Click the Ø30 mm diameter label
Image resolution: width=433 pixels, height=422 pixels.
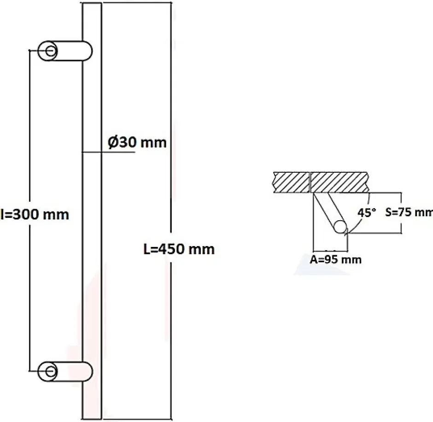click(137, 142)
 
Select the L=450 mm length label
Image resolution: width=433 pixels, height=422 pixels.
click(178, 249)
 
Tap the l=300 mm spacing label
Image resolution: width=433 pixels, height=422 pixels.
click(35, 214)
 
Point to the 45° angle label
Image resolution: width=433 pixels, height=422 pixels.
click(367, 212)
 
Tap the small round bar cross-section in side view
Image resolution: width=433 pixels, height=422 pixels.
click(340, 227)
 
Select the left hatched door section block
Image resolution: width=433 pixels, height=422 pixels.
click(291, 182)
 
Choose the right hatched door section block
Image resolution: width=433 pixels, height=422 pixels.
click(340, 182)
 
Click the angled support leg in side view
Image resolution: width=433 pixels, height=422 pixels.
click(327, 210)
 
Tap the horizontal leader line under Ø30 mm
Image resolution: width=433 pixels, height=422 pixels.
click(115, 152)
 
